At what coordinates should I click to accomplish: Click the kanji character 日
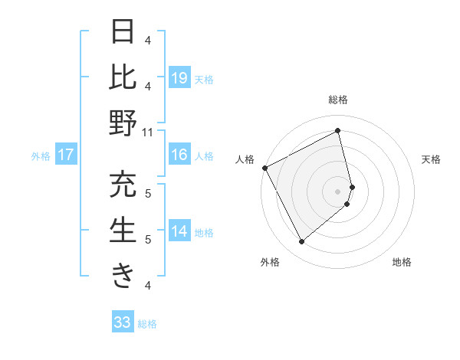123,32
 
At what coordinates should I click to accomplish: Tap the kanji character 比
123,77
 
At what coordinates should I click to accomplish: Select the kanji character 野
123,123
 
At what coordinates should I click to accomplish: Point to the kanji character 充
123,185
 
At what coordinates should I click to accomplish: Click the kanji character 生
123,231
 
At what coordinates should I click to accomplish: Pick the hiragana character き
123,276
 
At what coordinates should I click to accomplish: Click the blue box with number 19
179,77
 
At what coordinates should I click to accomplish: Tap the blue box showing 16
179,155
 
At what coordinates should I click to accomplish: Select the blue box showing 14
179,232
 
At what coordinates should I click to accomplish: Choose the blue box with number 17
66,155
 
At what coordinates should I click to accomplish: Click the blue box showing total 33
123,322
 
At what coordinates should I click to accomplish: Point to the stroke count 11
148,132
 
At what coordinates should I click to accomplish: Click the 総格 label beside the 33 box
148,324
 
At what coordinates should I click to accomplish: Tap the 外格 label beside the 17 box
41,156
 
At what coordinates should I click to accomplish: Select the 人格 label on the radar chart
245,159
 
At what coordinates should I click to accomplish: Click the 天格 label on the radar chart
432,159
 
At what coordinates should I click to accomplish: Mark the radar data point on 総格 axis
338,130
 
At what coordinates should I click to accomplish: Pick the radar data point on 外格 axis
301,242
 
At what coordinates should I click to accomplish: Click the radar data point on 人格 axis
264,167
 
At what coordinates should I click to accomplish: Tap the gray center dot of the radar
338,191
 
